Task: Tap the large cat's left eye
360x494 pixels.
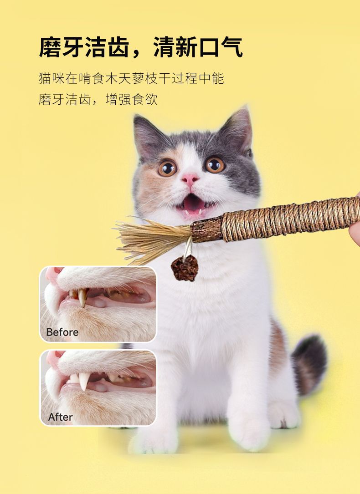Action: coord(167,168)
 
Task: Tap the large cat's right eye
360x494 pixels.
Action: coord(215,165)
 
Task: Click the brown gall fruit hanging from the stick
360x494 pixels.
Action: coord(185,268)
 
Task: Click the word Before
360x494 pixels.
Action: coord(62,332)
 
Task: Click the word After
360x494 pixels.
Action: coord(60,417)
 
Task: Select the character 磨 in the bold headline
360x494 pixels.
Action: coord(50,47)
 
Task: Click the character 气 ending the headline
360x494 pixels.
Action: coord(231,47)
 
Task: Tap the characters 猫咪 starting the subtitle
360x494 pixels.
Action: coord(51,78)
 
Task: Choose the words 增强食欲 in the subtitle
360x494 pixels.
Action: coord(131,99)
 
